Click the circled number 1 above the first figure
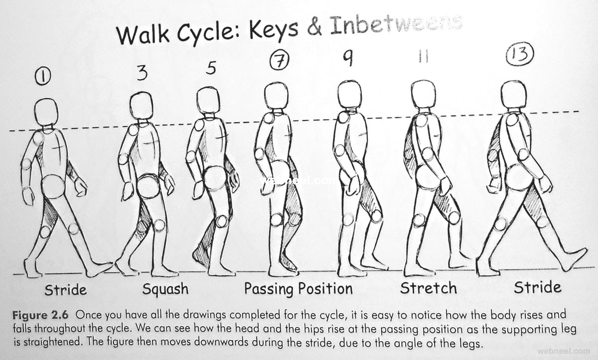click(43, 77)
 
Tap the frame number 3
click(142, 73)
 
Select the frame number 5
click(211, 68)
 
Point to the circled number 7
click(279, 61)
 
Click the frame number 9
click(348, 58)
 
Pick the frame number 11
click(424, 57)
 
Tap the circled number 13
click(520, 54)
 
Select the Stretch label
click(428, 288)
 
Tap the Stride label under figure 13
click(537, 287)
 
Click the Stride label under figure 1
click(66, 290)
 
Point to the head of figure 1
click(46, 112)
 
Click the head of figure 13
click(514, 95)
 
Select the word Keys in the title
click(274, 29)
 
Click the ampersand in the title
click(314, 27)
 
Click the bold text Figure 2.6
click(40, 315)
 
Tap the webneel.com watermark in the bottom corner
click(564, 351)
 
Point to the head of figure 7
click(276, 96)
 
